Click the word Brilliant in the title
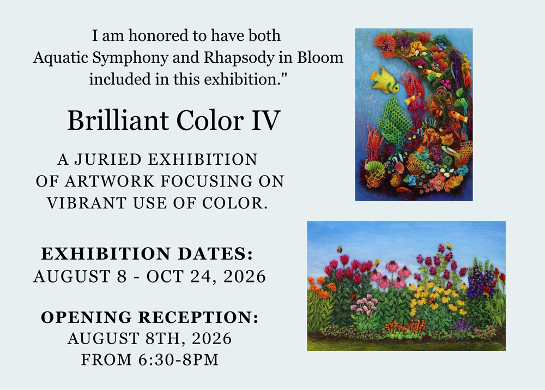coord(117,121)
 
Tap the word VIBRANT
coord(86,203)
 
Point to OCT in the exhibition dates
coord(165,277)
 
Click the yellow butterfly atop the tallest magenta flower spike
coord(449,247)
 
